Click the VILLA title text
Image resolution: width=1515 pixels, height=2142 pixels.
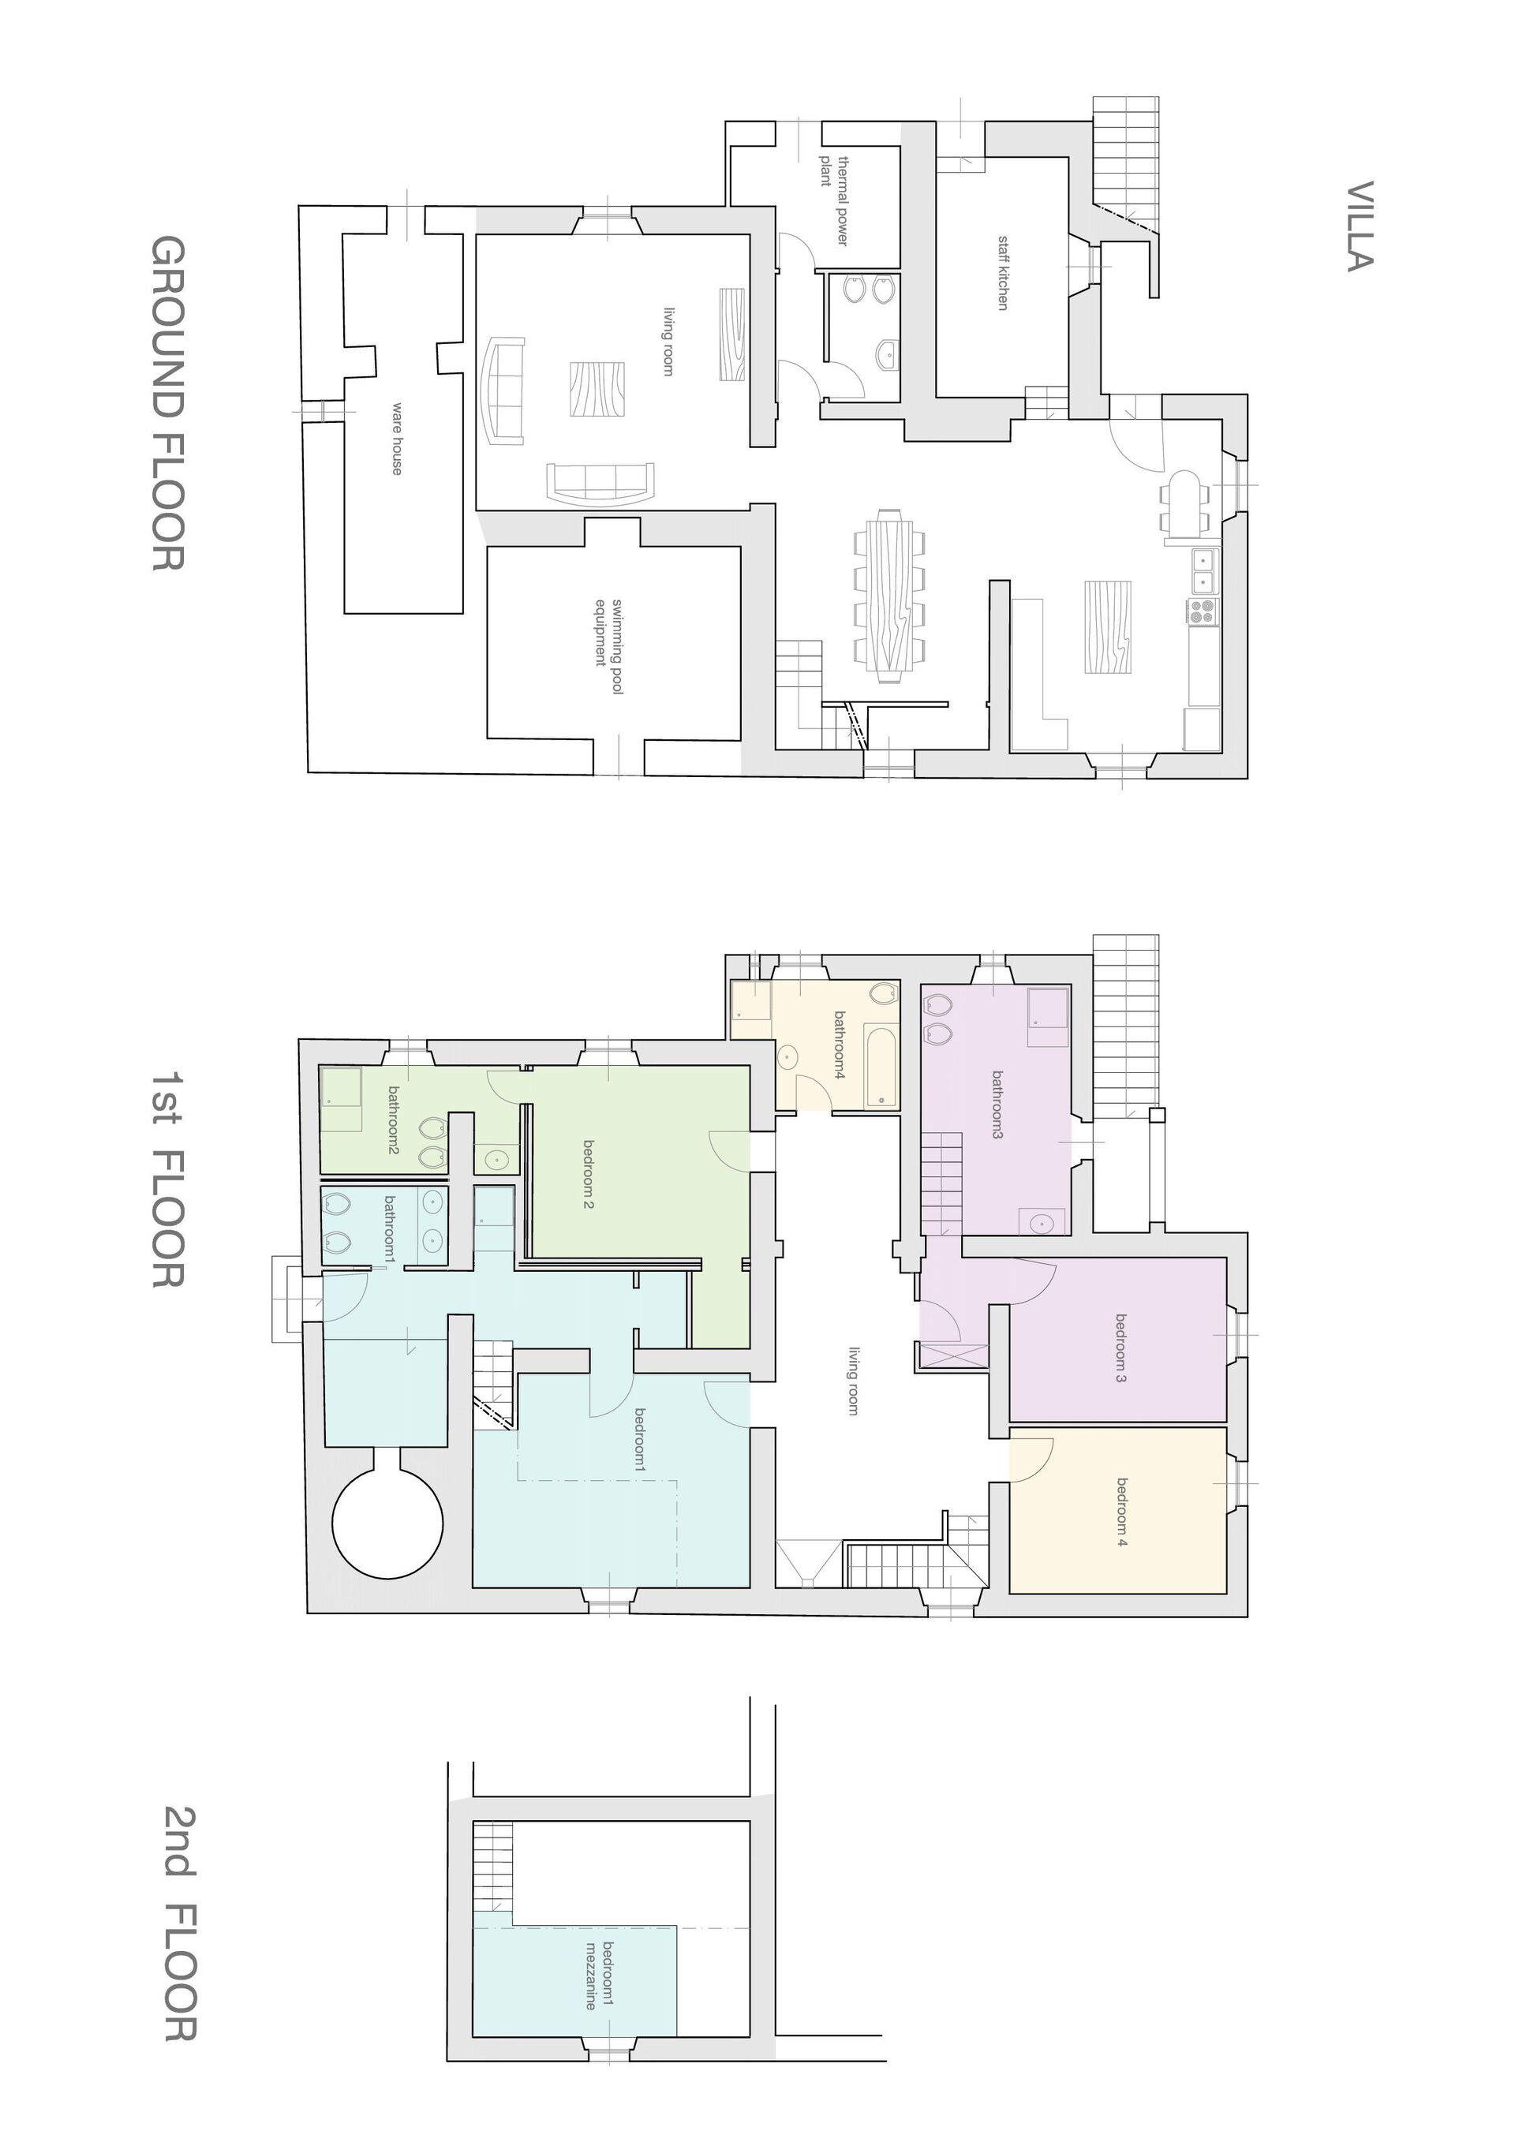pos(1360,226)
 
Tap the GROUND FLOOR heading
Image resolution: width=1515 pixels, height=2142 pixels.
pos(168,402)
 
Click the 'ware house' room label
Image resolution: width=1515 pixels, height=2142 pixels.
pos(396,439)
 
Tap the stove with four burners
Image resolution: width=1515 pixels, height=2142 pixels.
pos(1203,611)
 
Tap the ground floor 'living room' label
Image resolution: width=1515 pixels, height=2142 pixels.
pos(668,342)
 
